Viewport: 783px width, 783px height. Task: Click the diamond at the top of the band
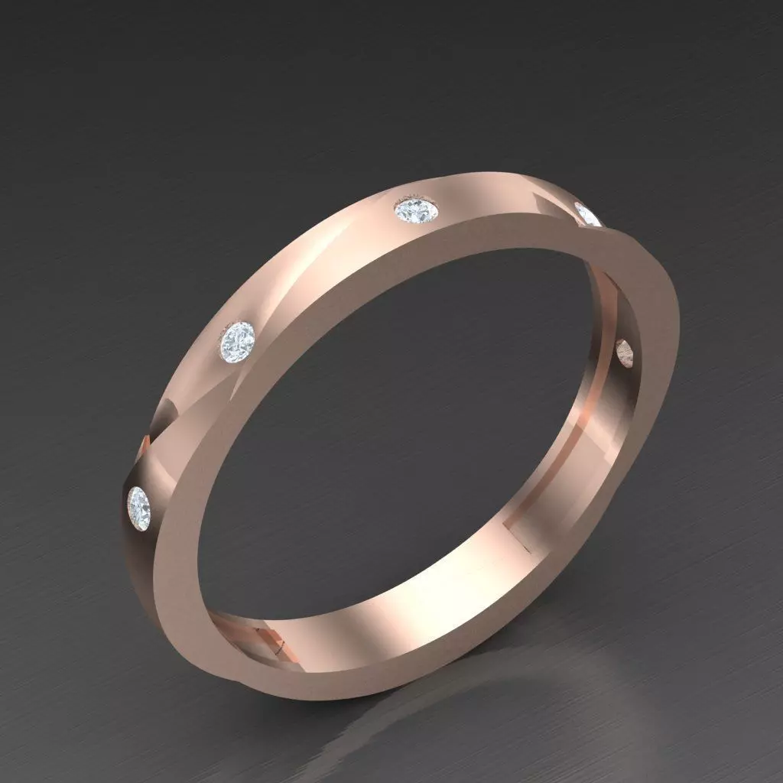pos(417,212)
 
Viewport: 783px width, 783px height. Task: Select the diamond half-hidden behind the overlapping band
pos(588,215)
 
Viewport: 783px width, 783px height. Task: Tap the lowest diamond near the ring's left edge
pos(138,505)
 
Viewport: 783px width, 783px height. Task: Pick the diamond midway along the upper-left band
pos(237,343)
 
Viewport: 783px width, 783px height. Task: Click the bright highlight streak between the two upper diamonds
pos(321,260)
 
